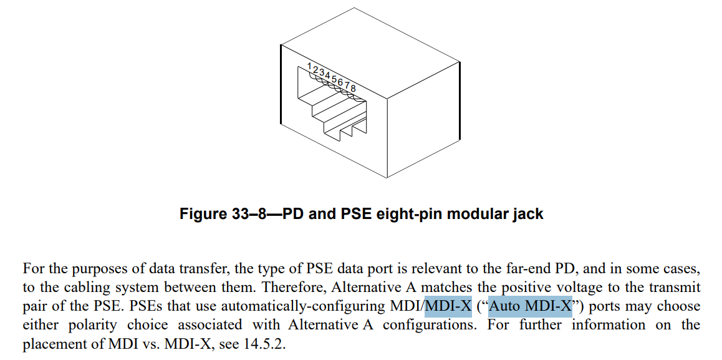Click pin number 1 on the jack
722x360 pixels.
(x=310, y=66)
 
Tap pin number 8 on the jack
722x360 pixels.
(x=353, y=88)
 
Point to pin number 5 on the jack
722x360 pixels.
(x=334, y=79)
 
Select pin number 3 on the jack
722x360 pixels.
(x=322, y=72)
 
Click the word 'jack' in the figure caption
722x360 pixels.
(x=527, y=214)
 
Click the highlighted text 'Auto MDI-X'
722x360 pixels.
(x=530, y=306)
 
